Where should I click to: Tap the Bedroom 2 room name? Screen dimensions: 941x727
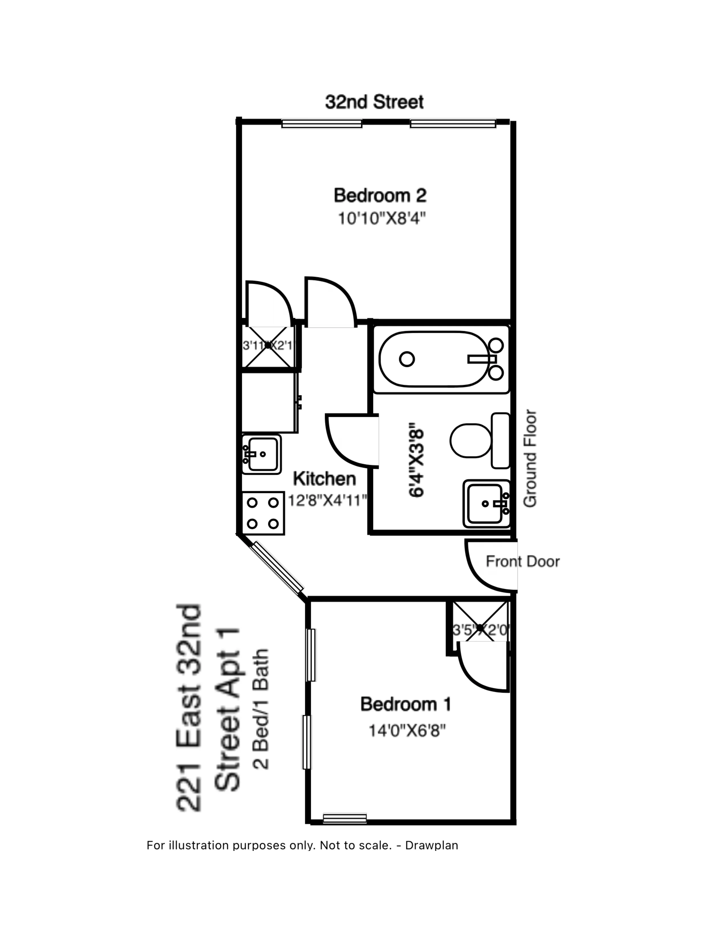[x=380, y=196]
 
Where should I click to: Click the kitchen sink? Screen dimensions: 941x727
[x=261, y=454]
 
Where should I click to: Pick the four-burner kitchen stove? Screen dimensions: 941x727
[x=263, y=513]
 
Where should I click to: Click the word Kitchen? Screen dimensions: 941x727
[x=324, y=479]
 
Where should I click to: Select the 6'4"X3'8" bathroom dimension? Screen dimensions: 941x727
[x=417, y=460]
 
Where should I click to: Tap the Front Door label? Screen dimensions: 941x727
[x=522, y=562]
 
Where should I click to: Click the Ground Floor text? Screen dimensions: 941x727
[x=530, y=459]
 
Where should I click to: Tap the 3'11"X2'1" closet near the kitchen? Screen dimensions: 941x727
[x=268, y=346]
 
